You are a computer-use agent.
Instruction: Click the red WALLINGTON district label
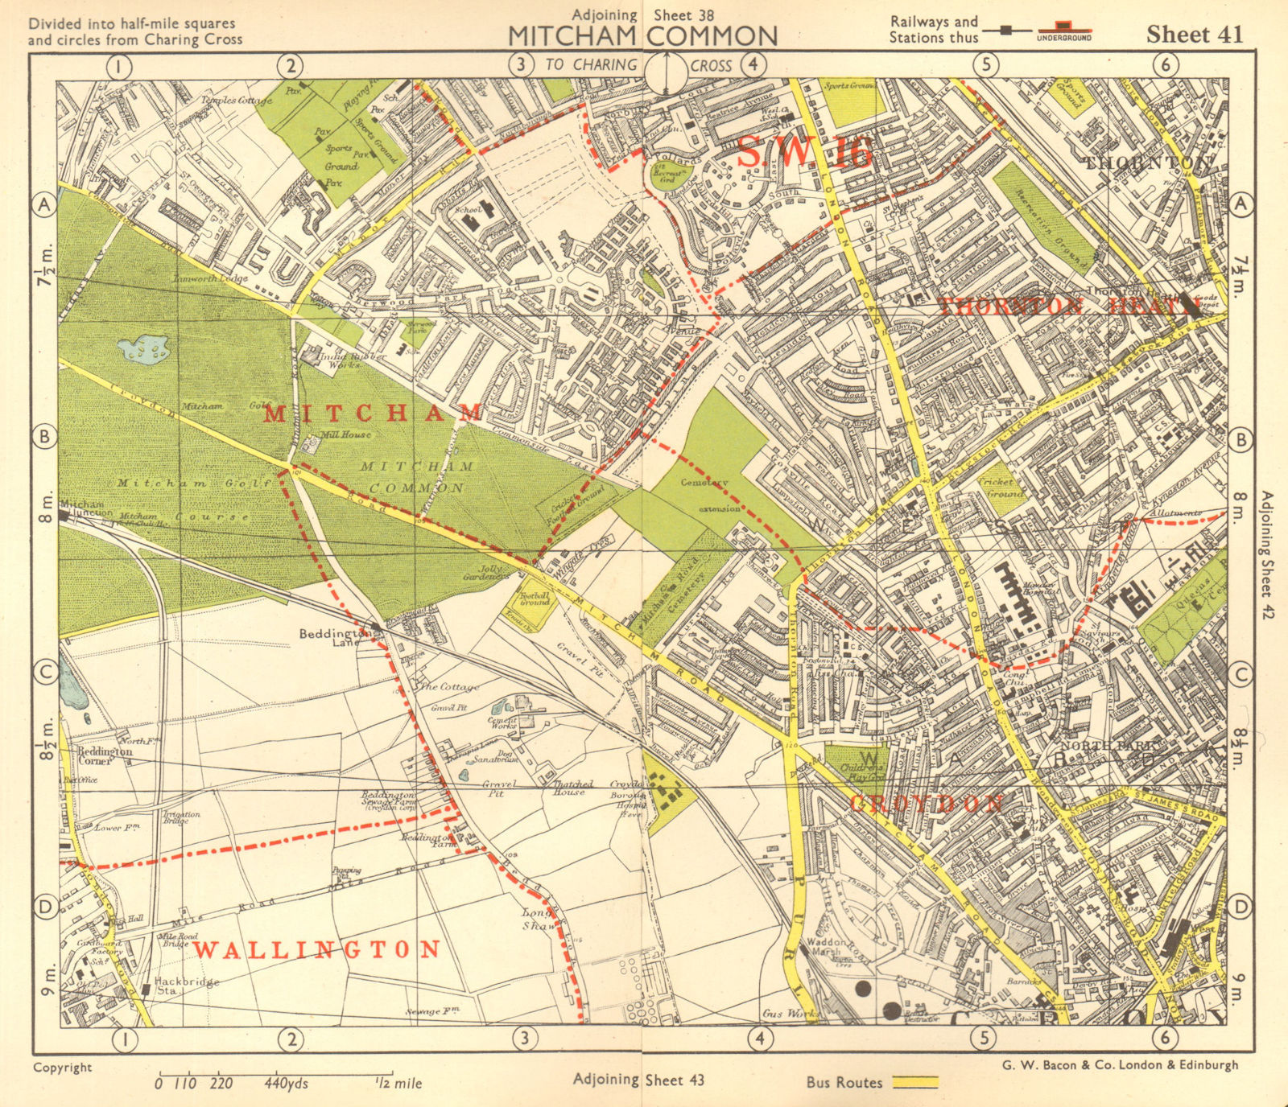(317, 950)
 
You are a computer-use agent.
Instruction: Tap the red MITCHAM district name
(373, 414)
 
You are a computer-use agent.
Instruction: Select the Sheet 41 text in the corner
(1194, 35)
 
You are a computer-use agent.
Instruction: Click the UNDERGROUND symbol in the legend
(1063, 35)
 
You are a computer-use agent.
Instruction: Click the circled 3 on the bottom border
(525, 1038)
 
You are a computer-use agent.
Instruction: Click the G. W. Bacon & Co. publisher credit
(1119, 1064)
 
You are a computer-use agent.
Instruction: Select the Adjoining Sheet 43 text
(638, 1080)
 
